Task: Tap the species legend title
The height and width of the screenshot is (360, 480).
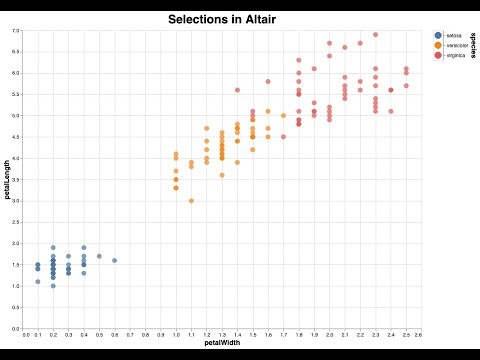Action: coord(472,46)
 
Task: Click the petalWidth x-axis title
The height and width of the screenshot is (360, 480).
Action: coord(221,344)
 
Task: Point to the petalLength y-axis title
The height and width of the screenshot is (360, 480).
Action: coord(7,180)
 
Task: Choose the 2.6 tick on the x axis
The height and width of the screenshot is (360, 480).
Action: coord(418,335)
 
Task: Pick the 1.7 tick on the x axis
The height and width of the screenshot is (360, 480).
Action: coord(282,335)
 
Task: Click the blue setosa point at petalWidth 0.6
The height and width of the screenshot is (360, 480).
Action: coord(114,260)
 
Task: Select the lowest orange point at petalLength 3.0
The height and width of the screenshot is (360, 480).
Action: coord(191,201)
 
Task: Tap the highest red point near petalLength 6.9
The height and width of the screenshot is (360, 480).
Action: coord(375,35)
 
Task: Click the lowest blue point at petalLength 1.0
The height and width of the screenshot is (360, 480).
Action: coord(53,286)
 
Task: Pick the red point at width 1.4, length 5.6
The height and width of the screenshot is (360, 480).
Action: coord(237,90)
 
